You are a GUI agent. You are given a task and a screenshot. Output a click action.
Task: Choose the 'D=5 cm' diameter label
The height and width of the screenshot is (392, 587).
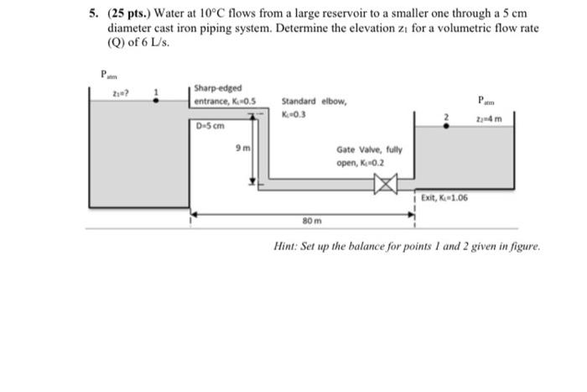(208, 127)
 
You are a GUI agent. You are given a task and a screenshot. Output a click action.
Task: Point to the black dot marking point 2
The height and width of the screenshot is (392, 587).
(445, 128)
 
